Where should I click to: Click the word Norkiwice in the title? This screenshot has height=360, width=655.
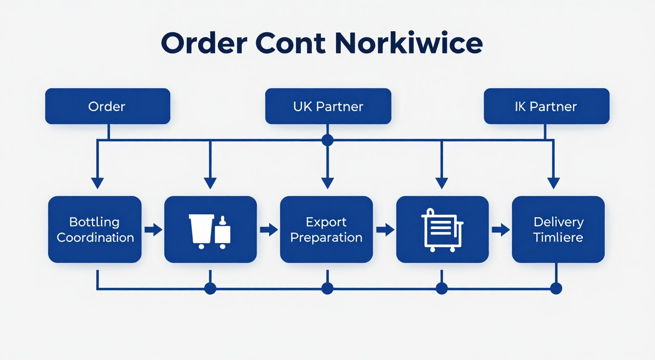click(x=408, y=44)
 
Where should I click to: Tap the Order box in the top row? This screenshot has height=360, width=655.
click(x=107, y=106)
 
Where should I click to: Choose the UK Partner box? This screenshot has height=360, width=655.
click(x=328, y=106)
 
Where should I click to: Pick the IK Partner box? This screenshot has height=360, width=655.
click(x=546, y=106)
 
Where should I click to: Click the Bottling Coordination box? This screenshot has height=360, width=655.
click(x=95, y=230)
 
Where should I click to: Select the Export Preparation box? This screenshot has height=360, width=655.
click(x=326, y=230)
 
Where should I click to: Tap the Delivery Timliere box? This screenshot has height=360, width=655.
click(x=558, y=230)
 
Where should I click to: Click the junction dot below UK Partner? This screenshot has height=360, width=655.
click(x=327, y=140)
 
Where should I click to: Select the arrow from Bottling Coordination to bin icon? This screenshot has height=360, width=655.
click(x=152, y=230)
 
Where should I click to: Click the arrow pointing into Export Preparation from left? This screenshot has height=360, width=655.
click(x=268, y=230)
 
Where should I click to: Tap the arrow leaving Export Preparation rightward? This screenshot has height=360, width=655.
click(x=385, y=230)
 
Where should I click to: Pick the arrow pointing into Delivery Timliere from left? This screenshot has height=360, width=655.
click(x=500, y=230)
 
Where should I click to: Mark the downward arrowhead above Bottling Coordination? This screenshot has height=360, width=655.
click(x=97, y=183)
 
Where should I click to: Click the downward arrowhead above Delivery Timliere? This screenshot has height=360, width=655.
click(x=553, y=183)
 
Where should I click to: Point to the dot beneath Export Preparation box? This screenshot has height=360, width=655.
click(x=327, y=289)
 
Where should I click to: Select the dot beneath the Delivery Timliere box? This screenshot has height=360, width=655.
click(x=556, y=289)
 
